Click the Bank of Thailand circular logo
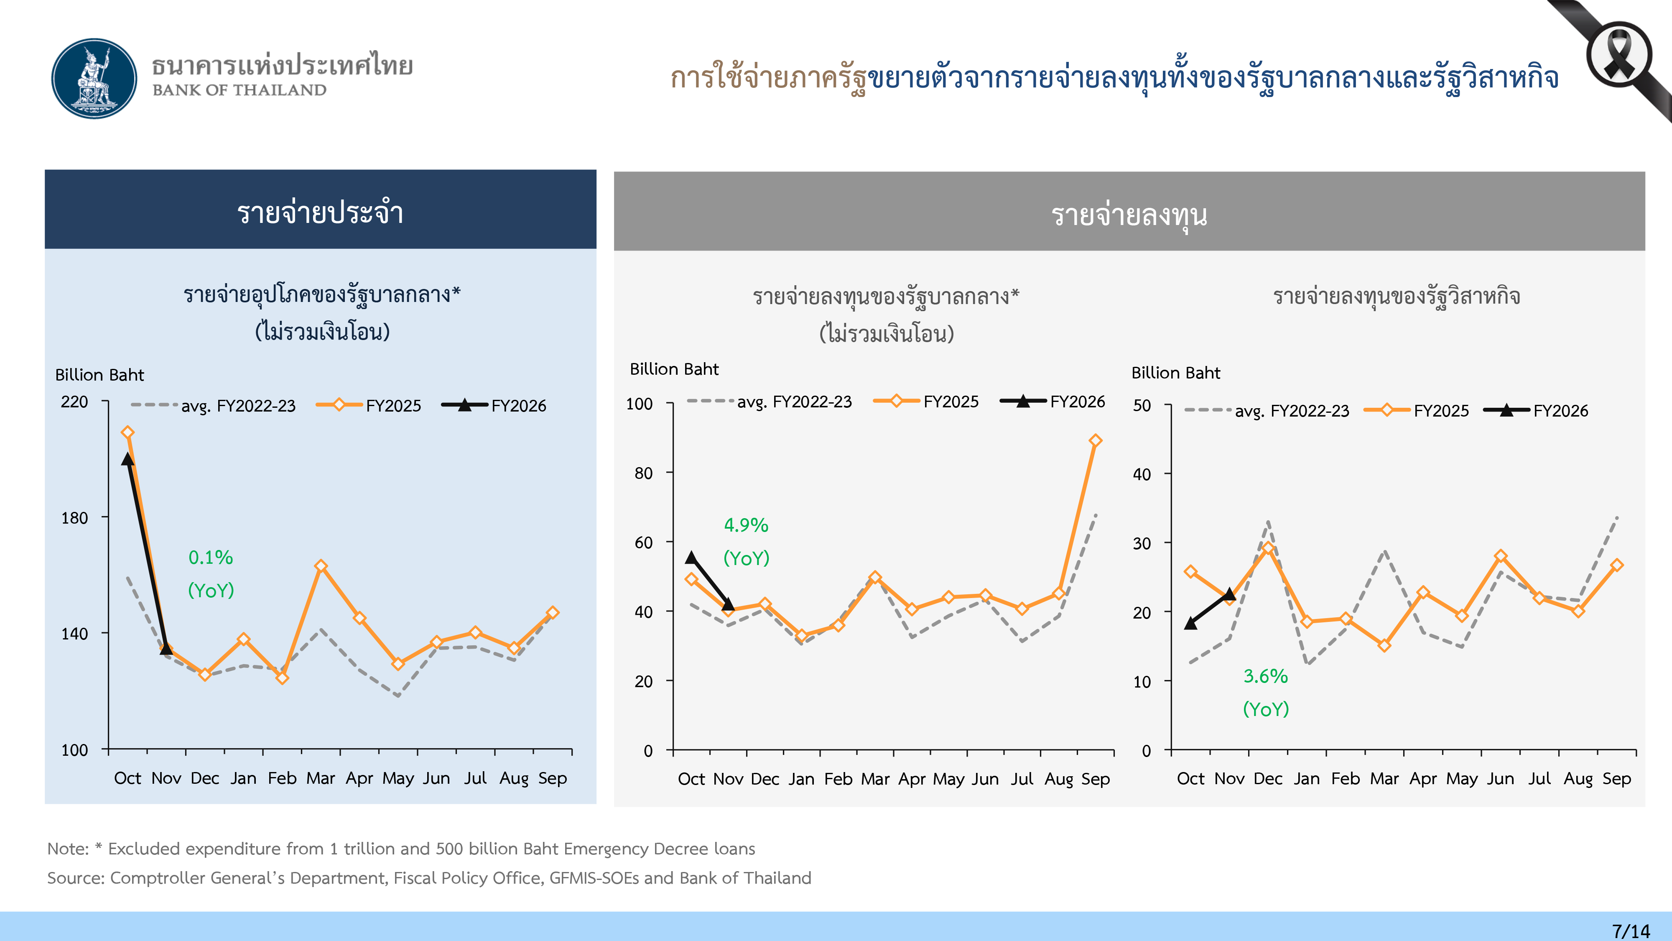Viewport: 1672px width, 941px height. [95, 79]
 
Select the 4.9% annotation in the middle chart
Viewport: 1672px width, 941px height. [746, 525]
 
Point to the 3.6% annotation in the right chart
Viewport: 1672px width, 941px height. [1265, 677]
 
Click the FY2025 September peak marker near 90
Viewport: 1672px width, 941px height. [1096, 441]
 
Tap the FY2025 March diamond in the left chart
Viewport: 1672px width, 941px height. [321, 566]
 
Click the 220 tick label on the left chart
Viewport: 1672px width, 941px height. [75, 402]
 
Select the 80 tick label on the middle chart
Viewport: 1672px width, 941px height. [643, 473]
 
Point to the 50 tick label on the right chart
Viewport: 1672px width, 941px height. [1142, 406]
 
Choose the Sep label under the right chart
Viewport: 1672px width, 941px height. [1616, 779]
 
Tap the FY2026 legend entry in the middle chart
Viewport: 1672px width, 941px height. [1053, 402]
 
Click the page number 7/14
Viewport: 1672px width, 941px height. [1631, 931]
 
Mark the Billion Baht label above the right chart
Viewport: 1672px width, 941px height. [1175, 373]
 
